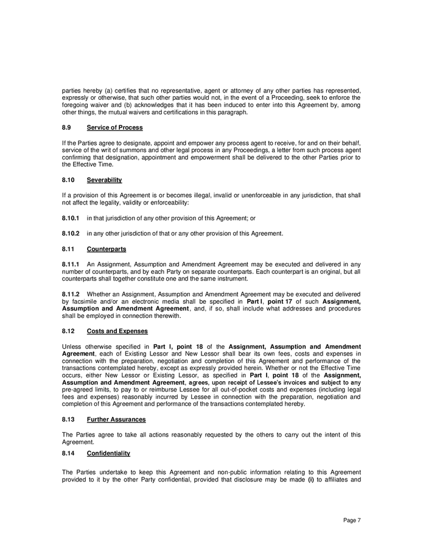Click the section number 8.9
coord(66,127)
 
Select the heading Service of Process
coord(114,127)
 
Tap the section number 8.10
coord(68,180)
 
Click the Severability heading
coord(104,180)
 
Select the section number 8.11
coord(68,248)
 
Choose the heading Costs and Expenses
coord(117,331)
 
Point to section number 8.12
coord(68,331)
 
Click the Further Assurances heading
coord(114,420)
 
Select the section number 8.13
coord(68,420)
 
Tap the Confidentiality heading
coord(108,454)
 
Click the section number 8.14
coord(68,454)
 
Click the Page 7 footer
coord(352,520)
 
